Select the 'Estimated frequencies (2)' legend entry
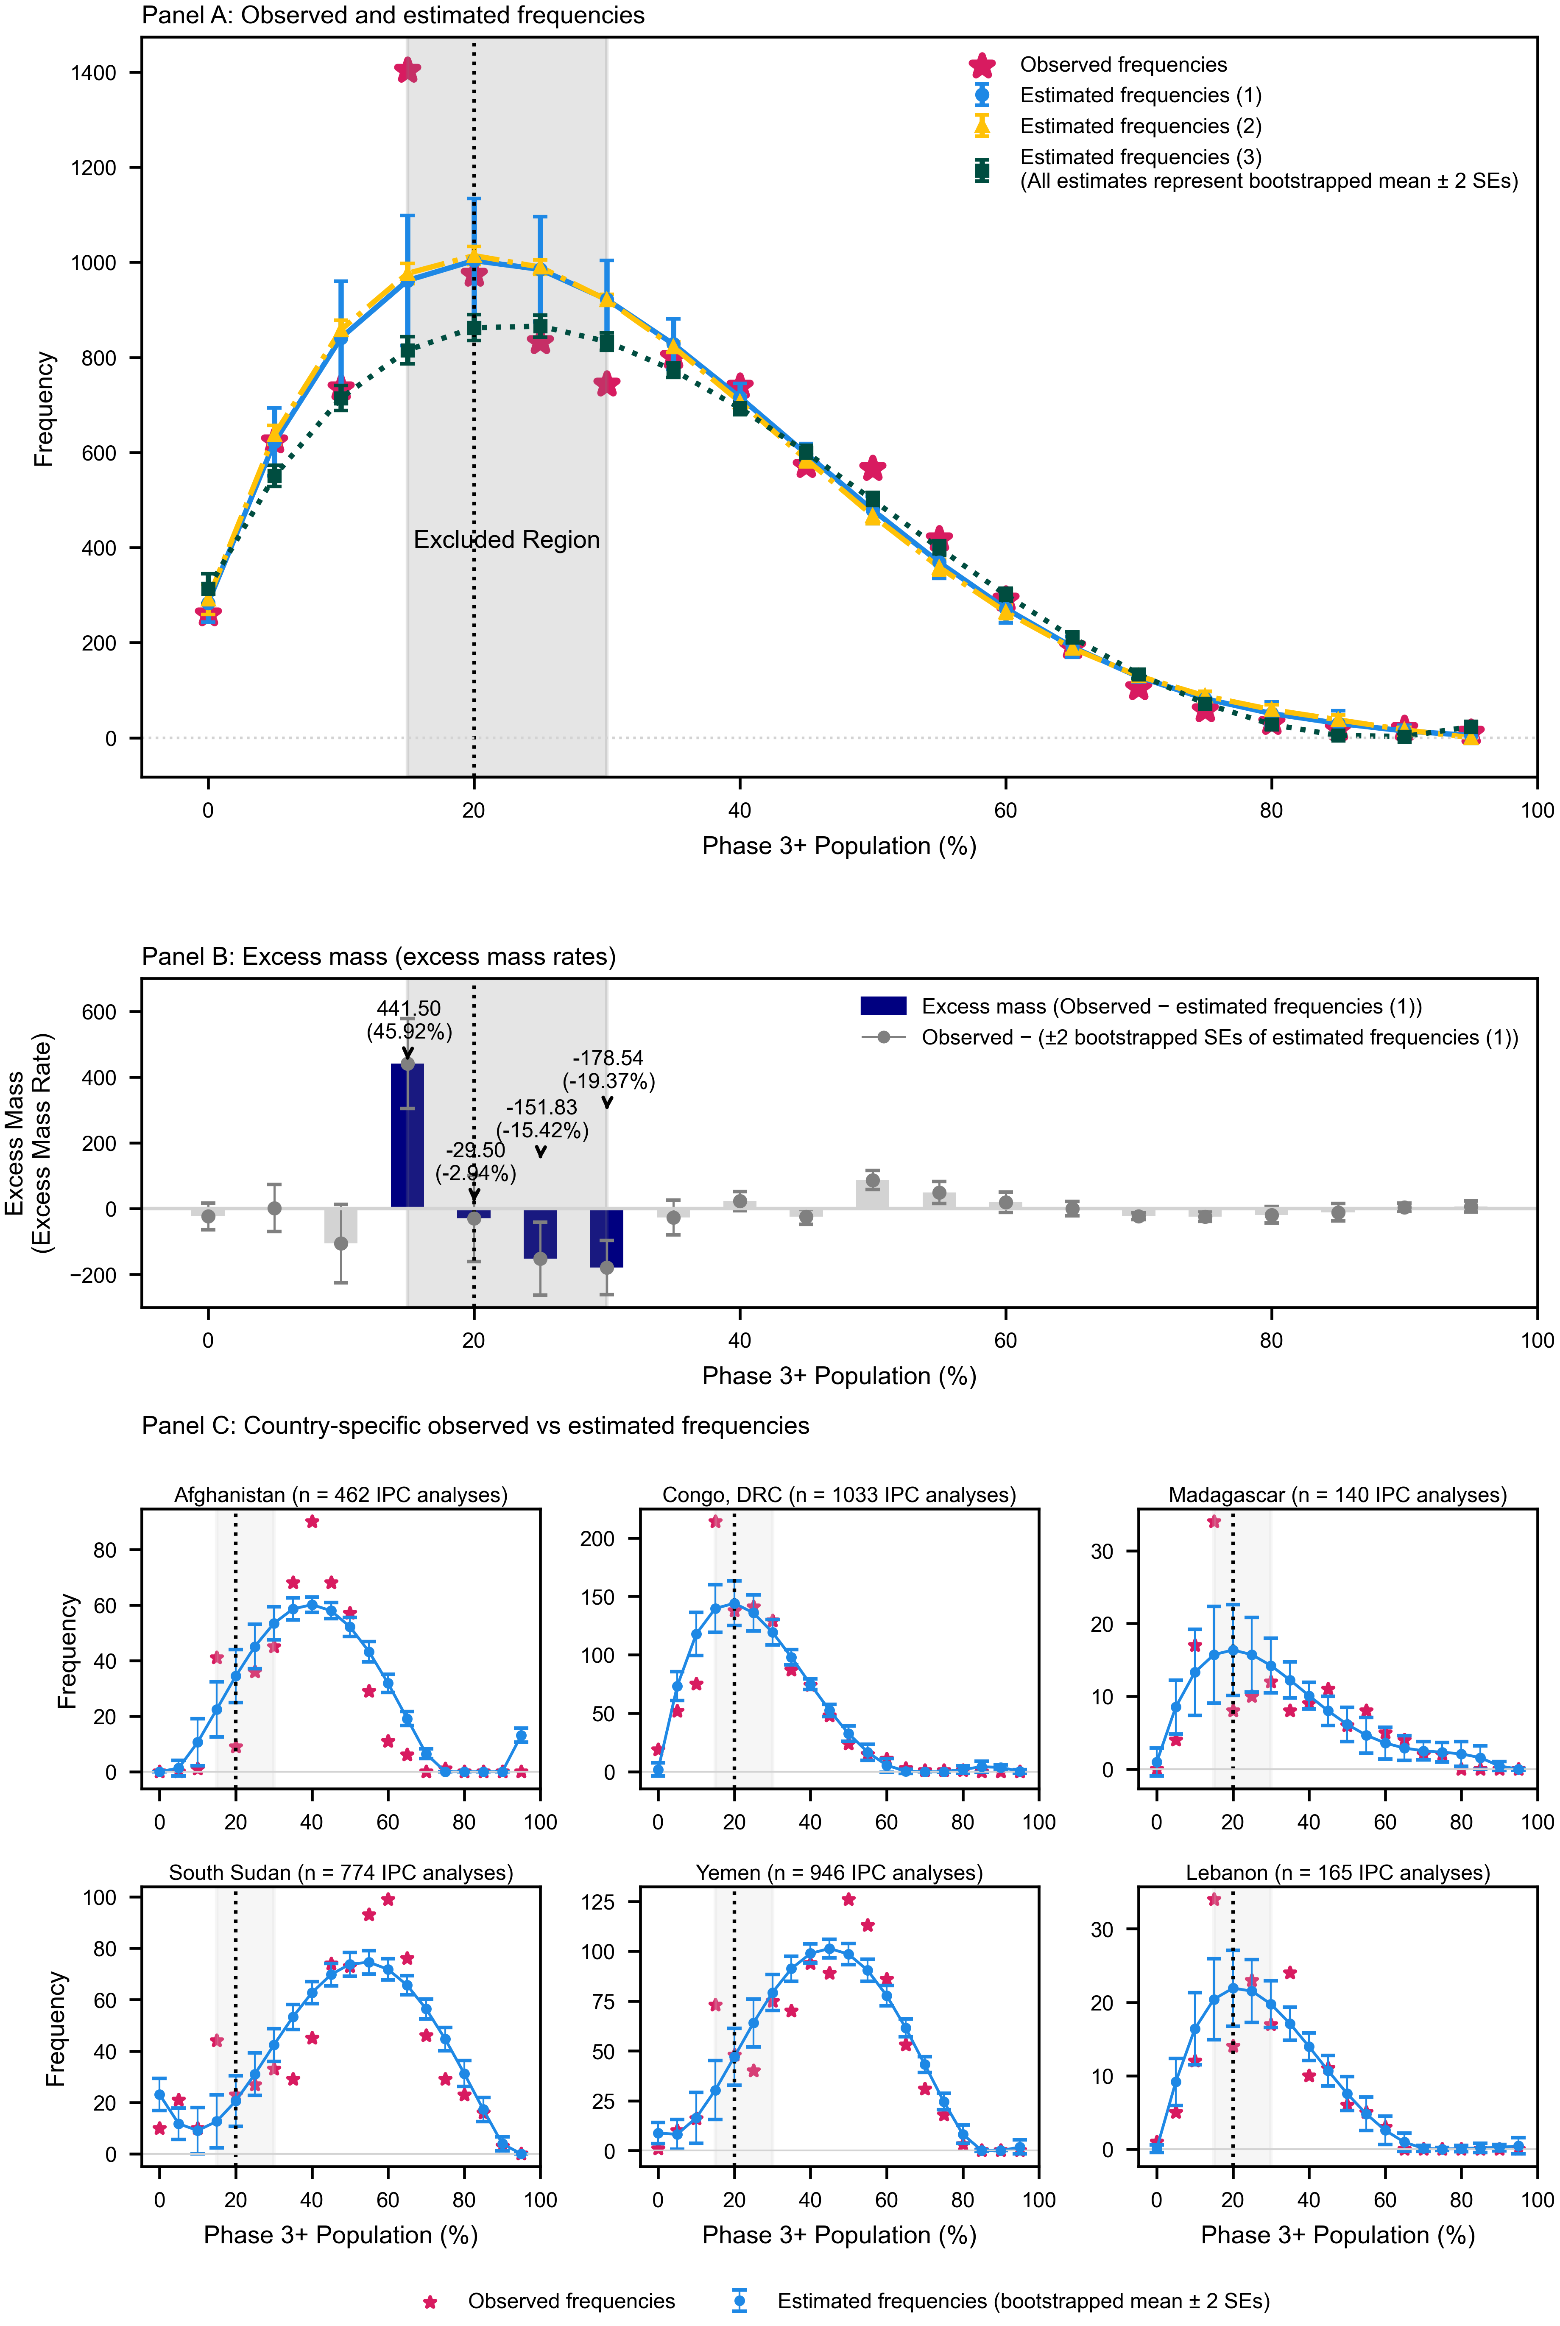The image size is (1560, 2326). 1140,126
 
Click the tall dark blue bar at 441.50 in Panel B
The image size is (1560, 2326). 407,1134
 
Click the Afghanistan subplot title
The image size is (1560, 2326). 340,1494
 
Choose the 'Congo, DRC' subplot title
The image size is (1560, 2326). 839,1494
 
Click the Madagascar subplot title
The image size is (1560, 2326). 1337,1494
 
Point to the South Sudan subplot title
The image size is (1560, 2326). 340,1872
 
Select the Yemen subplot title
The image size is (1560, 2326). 839,1872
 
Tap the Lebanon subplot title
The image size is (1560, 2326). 1337,1872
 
